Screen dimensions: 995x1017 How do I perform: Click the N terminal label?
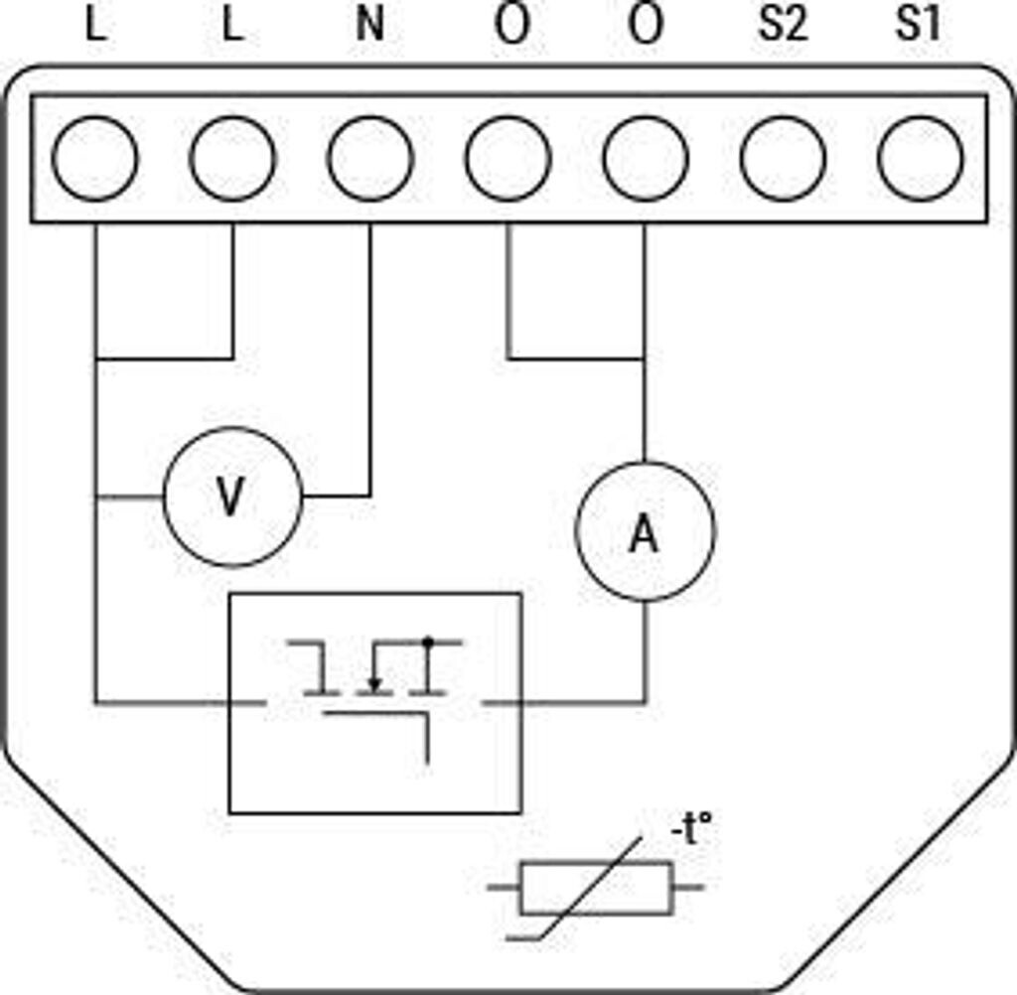[x=369, y=25]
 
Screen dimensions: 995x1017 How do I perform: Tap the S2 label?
[x=782, y=25]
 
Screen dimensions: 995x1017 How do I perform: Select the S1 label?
[x=918, y=25]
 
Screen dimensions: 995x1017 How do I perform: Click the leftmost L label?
[x=95, y=25]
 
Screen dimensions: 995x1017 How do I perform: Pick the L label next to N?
[x=232, y=25]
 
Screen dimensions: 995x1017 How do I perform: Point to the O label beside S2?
[x=646, y=25]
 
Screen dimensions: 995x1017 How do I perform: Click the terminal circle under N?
[x=369, y=158]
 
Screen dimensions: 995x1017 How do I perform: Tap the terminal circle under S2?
[x=783, y=158]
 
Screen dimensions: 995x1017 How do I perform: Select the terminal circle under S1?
[x=920, y=158]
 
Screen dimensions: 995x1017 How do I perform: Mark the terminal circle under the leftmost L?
[x=95, y=158]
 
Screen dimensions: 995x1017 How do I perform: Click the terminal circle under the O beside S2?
[x=646, y=158]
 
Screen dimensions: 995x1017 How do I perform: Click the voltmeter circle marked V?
[x=232, y=497]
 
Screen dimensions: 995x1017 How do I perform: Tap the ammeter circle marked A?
[x=646, y=531]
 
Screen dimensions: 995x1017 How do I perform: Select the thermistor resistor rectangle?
[x=596, y=887]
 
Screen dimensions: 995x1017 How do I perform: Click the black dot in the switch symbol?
[x=427, y=642]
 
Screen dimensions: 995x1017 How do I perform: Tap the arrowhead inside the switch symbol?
[x=373, y=684]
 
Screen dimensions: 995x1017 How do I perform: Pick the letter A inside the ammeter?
[x=646, y=535]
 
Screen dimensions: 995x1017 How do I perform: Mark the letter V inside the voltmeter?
[x=230, y=499]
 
